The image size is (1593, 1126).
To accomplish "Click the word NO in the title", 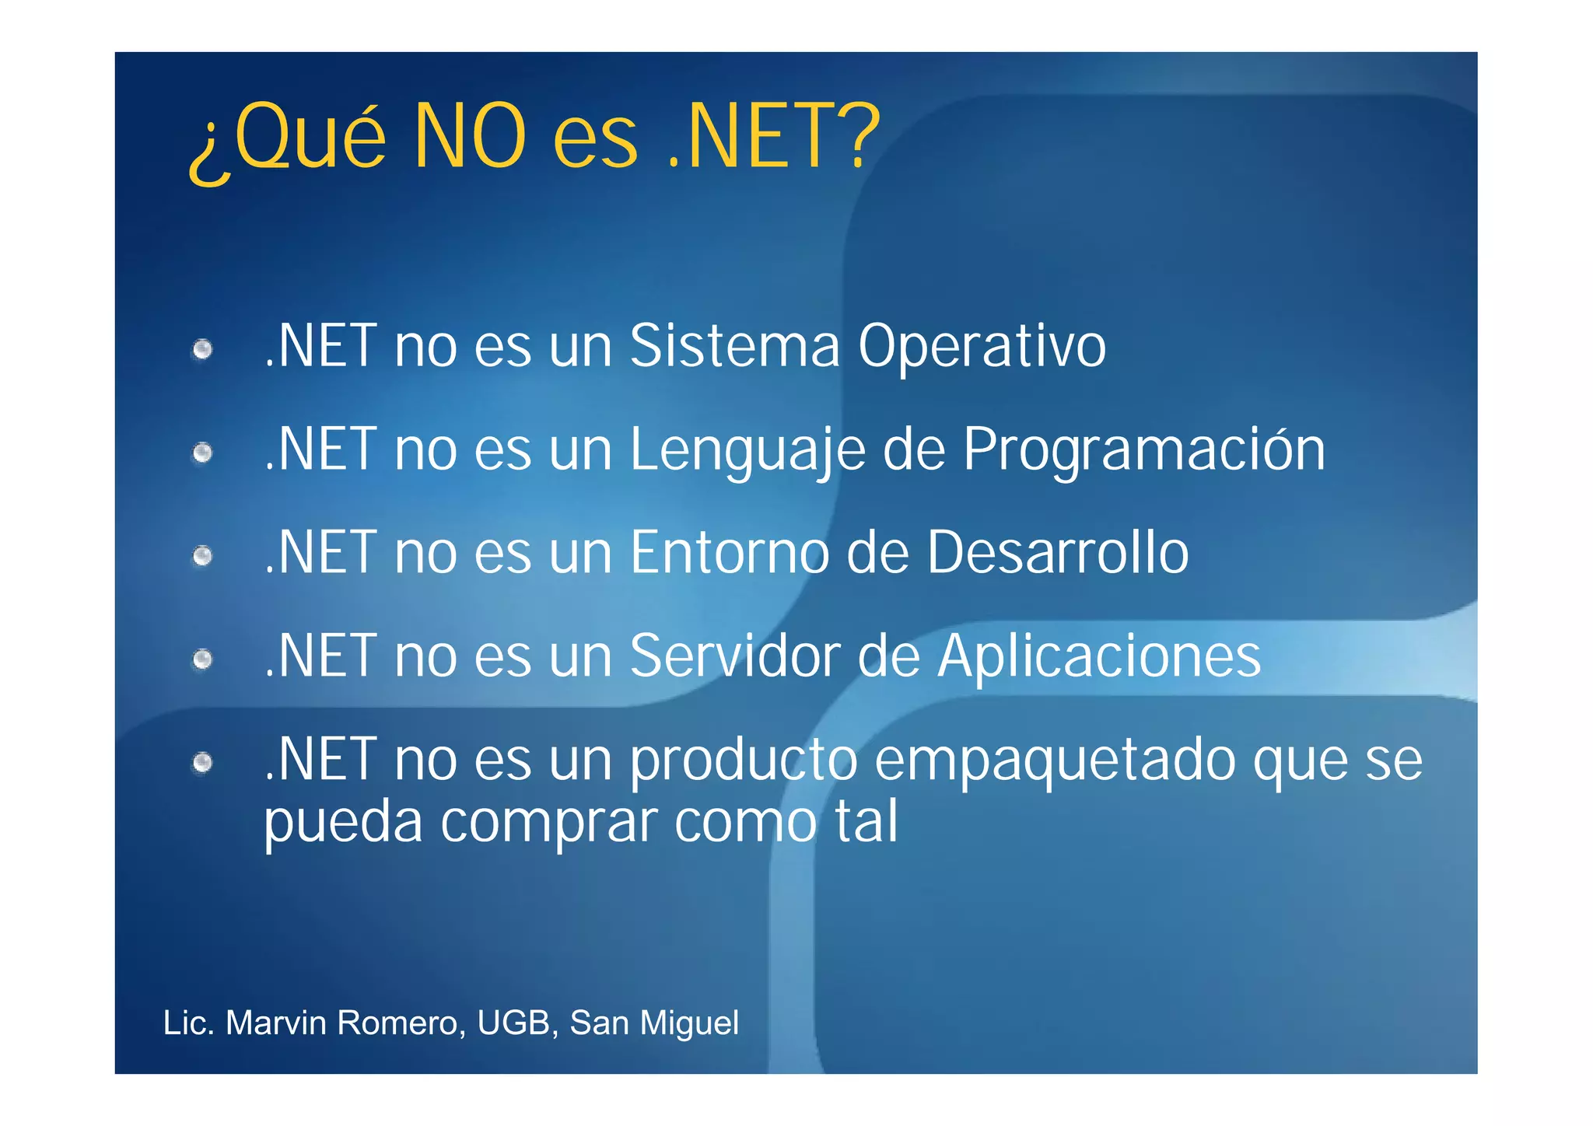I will (x=470, y=137).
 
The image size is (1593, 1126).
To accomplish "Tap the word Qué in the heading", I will (x=310, y=137).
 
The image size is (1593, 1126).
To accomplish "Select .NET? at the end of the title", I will (x=774, y=137).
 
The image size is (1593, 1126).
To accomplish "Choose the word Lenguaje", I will (x=747, y=450).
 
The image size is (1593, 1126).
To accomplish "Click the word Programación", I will (x=1143, y=450).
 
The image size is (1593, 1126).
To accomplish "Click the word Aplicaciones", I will (x=1098, y=657).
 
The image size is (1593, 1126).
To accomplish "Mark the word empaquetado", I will (x=1055, y=761).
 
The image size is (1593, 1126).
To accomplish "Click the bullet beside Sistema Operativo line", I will (x=203, y=349).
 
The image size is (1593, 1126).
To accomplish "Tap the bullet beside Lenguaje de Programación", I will (x=203, y=453).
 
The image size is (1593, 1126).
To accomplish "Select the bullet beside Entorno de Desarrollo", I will (x=203, y=556).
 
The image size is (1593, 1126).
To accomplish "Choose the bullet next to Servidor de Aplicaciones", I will (x=203, y=659).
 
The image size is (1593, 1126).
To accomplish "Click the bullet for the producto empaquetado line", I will (x=203, y=763).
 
